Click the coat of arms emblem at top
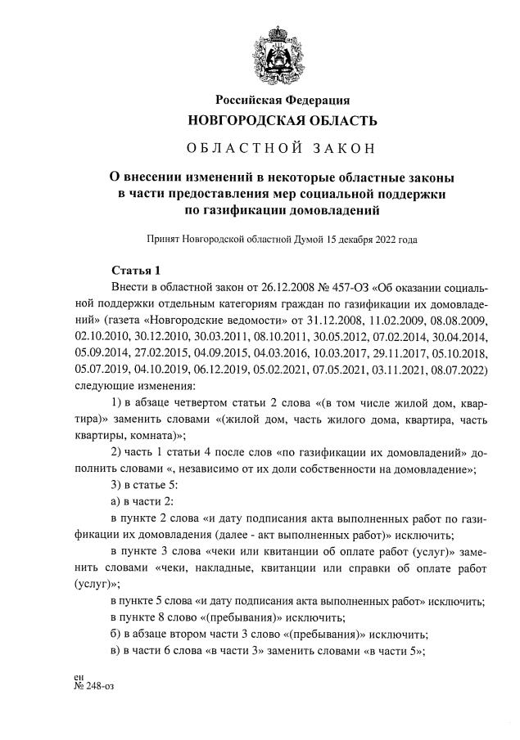point(283,50)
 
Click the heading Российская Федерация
point(283,101)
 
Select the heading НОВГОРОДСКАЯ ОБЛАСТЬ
point(283,121)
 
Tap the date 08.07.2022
point(452,367)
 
